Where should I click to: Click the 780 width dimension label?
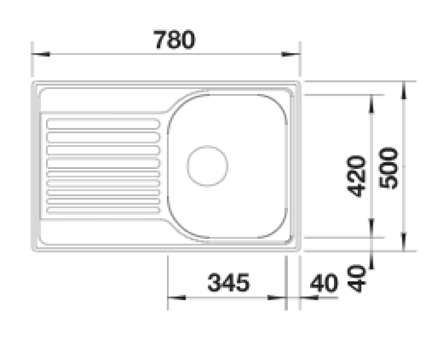(x=173, y=40)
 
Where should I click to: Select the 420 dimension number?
(x=358, y=176)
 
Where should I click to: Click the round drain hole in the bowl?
(x=207, y=165)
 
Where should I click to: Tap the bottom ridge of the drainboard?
(x=103, y=210)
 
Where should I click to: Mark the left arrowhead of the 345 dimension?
(x=176, y=298)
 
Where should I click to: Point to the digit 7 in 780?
(x=159, y=40)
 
